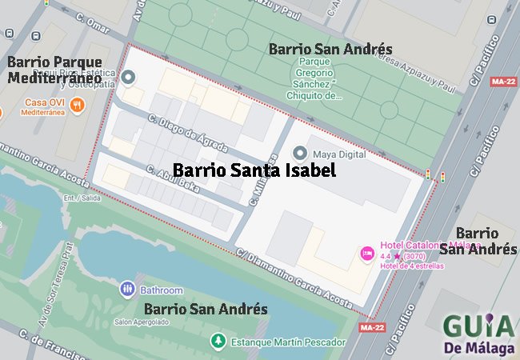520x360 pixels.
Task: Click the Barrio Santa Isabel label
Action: coord(254,170)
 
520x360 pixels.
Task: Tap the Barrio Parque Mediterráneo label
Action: coord(54,70)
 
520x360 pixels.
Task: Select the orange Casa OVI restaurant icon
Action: coord(78,104)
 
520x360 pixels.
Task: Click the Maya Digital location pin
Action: coord(300,153)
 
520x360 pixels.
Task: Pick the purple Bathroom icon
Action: coord(126,289)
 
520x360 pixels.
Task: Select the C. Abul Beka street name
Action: coord(172,178)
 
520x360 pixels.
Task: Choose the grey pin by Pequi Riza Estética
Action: coord(128,78)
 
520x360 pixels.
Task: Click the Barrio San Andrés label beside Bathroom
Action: coord(205,309)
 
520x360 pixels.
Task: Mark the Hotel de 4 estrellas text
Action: coord(413,266)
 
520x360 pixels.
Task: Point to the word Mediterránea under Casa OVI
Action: coord(36,114)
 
